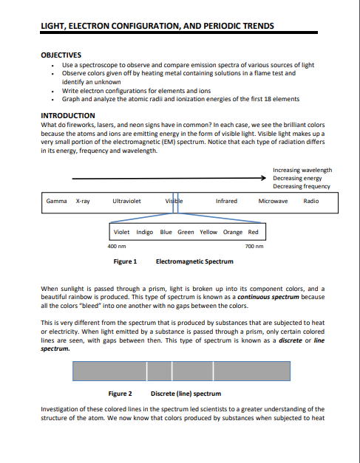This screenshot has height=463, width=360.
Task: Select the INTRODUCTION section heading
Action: (67, 115)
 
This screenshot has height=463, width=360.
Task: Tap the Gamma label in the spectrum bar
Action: (57, 201)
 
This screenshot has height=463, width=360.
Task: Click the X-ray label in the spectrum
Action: (83, 201)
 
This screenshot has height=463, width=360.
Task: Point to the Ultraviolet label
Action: (126, 201)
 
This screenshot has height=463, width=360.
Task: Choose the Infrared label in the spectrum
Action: (226, 201)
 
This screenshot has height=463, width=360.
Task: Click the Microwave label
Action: (273, 201)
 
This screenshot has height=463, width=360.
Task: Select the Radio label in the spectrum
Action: (311, 201)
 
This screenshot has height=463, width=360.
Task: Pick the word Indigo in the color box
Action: (145, 232)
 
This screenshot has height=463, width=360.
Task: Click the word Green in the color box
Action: (186, 232)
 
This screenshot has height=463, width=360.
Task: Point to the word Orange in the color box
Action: (232, 232)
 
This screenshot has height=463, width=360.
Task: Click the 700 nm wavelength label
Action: (253, 246)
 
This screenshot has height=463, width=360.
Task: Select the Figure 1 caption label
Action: (124, 261)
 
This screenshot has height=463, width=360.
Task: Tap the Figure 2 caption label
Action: (120, 394)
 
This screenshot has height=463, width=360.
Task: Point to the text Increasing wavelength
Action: (302, 170)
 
